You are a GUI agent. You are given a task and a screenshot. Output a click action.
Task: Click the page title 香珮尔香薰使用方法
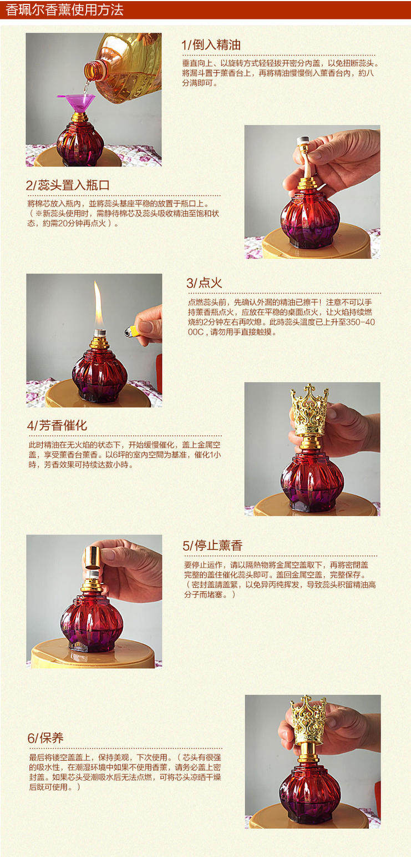[64, 9]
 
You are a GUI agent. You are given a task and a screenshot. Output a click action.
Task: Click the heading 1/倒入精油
[211, 45]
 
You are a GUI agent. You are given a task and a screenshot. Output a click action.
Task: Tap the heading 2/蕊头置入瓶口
[68, 185]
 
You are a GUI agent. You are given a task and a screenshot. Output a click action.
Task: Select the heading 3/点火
[204, 283]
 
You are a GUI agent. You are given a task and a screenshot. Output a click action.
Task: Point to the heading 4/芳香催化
[57, 425]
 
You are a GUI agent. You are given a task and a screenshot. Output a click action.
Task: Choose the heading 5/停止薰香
[212, 545]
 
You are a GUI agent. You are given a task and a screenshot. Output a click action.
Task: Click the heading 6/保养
[45, 738]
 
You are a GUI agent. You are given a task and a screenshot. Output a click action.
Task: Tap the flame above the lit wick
[98, 305]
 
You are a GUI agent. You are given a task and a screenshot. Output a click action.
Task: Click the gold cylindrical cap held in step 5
[92, 557]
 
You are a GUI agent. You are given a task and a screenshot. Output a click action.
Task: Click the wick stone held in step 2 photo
[303, 142]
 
